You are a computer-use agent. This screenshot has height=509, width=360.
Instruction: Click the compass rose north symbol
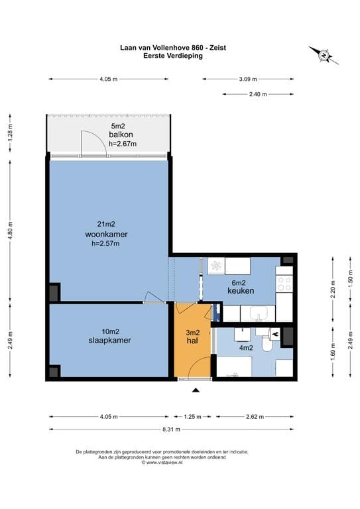(324, 55)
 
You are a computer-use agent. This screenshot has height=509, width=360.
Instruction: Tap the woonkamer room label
(107, 234)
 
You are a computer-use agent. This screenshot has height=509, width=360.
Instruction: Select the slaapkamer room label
(109, 340)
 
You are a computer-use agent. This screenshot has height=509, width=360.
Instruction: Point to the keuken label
(241, 290)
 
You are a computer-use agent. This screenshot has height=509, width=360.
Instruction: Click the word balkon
(121, 135)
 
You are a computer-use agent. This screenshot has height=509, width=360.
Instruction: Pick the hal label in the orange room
(192, 341)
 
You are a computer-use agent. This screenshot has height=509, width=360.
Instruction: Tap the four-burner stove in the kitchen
(284, 284)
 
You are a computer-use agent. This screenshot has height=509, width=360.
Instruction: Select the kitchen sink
(259, 313)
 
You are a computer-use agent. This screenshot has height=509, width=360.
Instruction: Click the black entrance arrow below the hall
(196, 390)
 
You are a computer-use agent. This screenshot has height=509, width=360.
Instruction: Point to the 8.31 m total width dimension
(172, 429)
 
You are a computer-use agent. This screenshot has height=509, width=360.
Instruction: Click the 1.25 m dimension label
(192, 416)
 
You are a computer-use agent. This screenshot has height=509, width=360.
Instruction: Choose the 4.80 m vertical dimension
(10, 231)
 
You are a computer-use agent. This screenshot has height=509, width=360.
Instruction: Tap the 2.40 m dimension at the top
(258, 94)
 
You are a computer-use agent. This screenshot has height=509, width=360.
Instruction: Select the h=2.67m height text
(123, 143)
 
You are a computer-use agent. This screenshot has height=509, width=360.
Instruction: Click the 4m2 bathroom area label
(246, 348)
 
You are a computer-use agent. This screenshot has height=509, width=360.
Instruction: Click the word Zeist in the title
(217, 48)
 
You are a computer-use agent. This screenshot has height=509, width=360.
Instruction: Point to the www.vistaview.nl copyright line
(162, 463)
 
